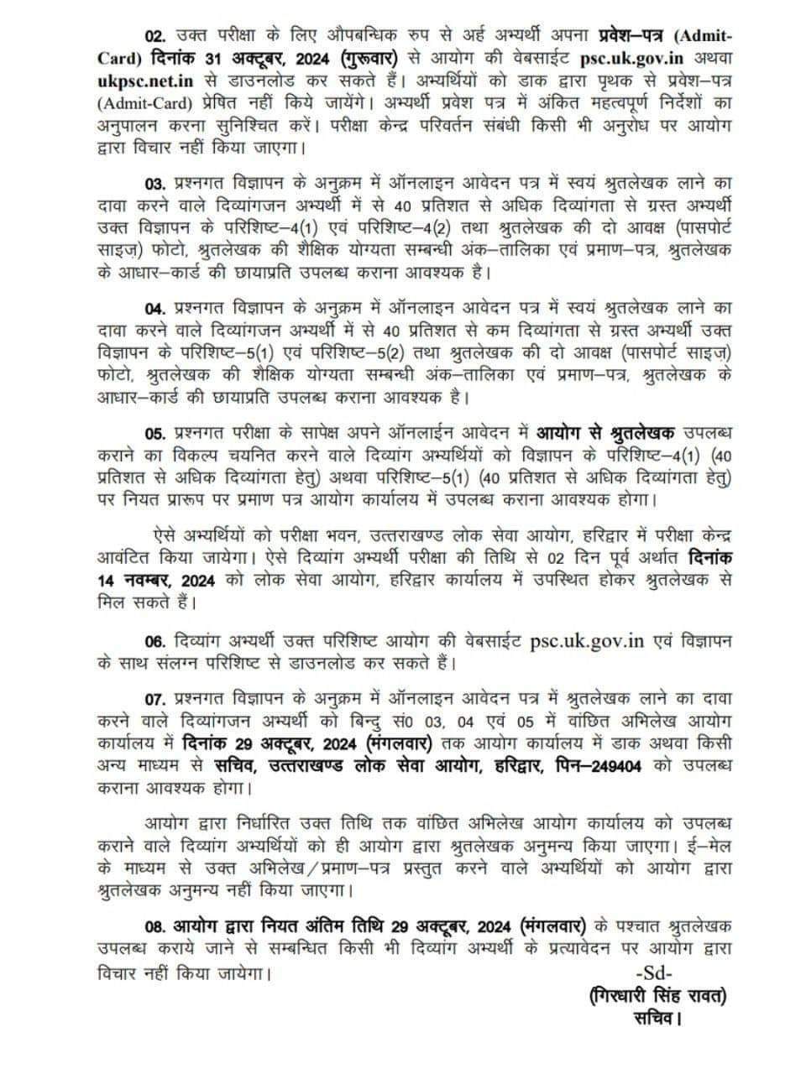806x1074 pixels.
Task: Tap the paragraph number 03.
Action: coord(157,183)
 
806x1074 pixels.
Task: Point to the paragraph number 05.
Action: coord(157,433)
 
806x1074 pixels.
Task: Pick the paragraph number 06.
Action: coord(157,642)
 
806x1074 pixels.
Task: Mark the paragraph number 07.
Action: coord(157,698)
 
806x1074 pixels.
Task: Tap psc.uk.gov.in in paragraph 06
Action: coord(587,642)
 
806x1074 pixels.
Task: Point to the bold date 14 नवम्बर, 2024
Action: coord(157,581)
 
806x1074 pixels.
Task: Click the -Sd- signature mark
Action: coord(660,974)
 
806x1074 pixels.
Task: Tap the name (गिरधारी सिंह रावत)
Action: coord(657,996)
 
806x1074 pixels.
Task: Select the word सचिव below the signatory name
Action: coord(656,1019)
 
